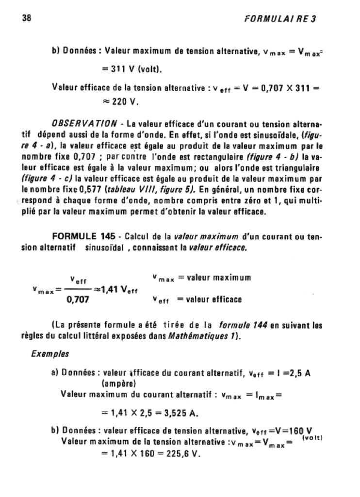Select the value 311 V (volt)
135,69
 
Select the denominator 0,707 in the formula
78,300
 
